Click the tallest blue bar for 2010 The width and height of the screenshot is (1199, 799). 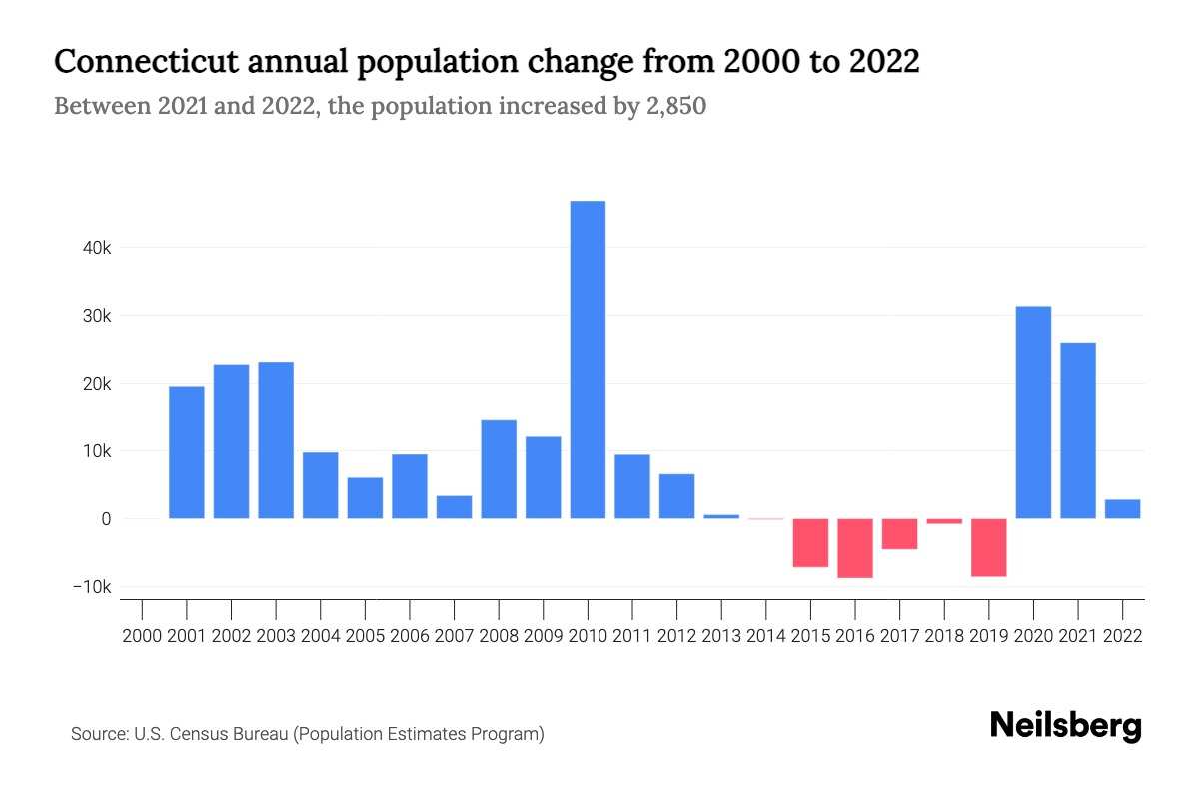[588, 360]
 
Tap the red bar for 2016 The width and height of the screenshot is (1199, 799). [855, 547]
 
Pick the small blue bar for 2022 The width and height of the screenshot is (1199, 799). [1122, 509]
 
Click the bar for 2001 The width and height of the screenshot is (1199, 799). [187, 451]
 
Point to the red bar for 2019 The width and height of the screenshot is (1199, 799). [988, 547]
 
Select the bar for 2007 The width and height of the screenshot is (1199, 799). [454, 507]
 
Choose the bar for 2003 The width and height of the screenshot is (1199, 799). [276, 439]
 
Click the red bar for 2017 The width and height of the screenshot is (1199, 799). [899, 533]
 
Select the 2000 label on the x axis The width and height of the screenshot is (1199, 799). [142, 636]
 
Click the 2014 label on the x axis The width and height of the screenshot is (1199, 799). [765, 636]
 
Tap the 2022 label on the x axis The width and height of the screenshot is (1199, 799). [1122, 636]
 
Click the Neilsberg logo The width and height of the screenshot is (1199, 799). [1065, 726]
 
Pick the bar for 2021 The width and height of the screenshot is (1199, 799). [1077, 429]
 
